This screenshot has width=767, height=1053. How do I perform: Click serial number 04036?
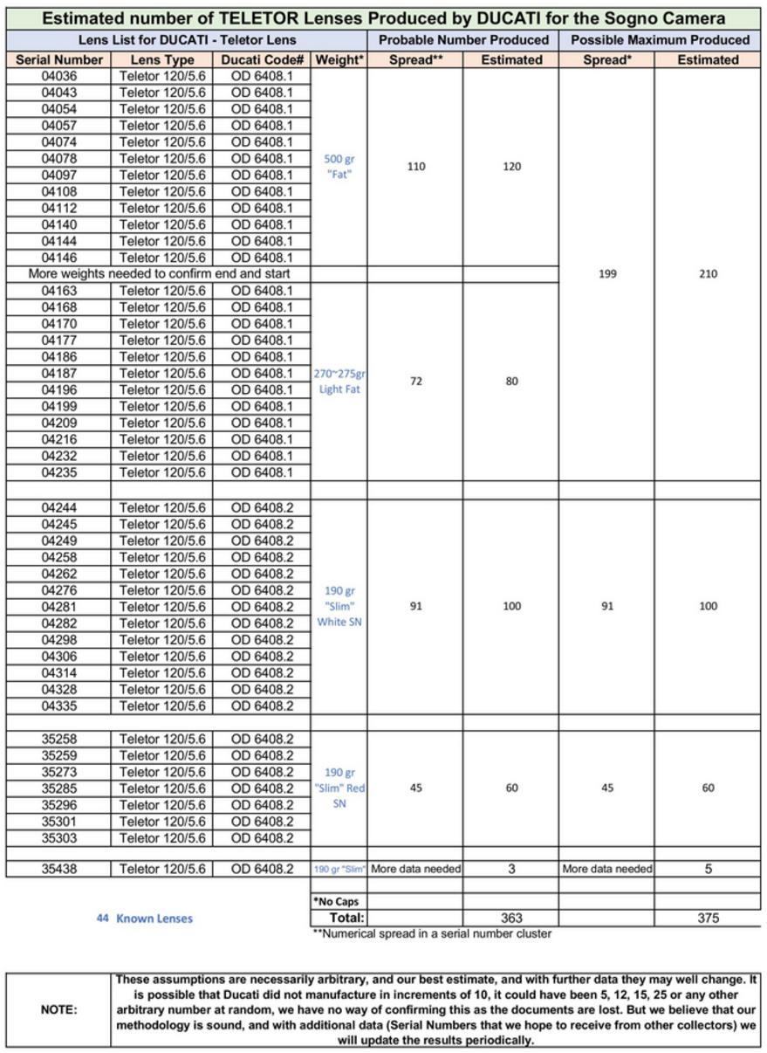(x=58, y=76)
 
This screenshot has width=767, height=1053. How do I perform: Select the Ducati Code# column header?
(x=262, y=59)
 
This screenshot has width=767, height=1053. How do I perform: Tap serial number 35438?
(x=58, y=869)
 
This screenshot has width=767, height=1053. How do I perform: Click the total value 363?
(x=511, y=918)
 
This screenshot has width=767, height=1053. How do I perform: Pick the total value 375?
(x=708, y=918)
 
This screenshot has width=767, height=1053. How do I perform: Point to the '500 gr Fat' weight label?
(x=339, y=167)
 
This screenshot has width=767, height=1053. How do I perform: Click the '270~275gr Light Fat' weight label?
(x=339, y=382)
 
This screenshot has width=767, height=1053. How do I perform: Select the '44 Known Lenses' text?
(x=144, y=918)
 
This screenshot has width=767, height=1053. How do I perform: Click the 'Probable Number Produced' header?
(x=462, y=39)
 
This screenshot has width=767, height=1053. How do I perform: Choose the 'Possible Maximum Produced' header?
(x=660, y=39)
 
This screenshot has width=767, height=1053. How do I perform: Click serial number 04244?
(x=58, y=507)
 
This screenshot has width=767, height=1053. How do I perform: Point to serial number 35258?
(x=58, y=739)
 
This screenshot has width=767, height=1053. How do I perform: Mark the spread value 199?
(x=607, y=273)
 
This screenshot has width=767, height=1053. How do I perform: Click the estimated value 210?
(x=708, y=273)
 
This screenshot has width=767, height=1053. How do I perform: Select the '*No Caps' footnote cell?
(x=336, y=901)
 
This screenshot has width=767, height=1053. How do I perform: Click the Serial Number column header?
(x=58, y=59)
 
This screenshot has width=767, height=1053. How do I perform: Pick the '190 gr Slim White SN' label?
(x=339, y=606)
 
